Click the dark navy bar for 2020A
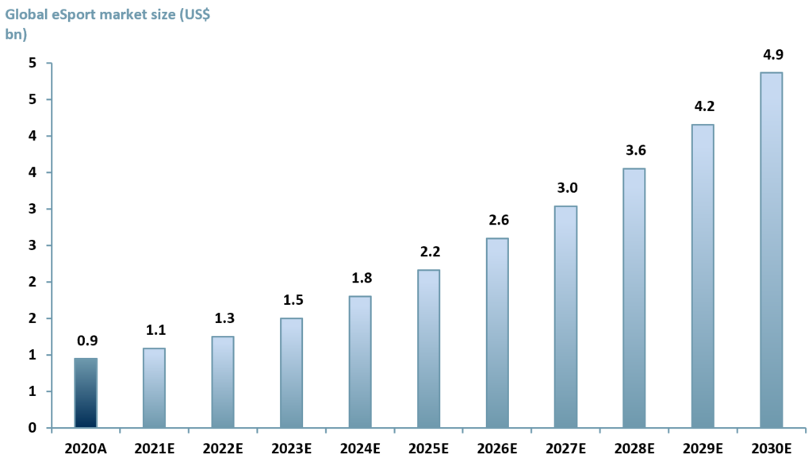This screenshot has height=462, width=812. tap(86, 393)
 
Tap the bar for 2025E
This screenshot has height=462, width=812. tap(428, 348)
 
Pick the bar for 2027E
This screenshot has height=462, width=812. tap(565, 317)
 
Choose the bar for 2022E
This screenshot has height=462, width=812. tap(223, 382)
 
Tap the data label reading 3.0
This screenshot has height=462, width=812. tap(565, 188)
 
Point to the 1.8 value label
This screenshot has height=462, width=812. tap(360, 279)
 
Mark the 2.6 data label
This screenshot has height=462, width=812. tap(497, 221)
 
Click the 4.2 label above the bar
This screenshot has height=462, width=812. tap(703, 107)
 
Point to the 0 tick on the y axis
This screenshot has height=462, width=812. tap(33, 428)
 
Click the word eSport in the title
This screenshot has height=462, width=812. tap(74, 13)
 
